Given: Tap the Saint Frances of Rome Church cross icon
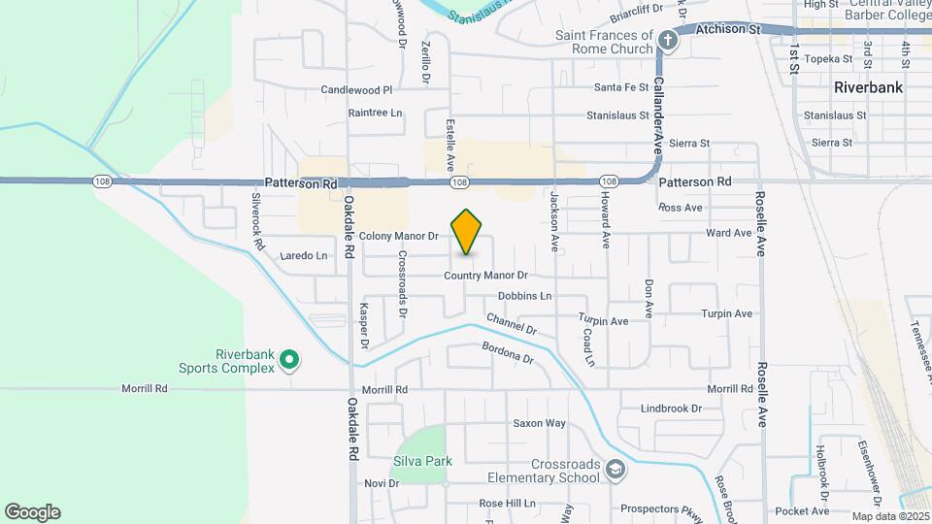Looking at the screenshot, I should [667, 40].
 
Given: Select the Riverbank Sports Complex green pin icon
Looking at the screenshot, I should [288, 361].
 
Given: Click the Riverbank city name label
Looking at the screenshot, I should [868, 87].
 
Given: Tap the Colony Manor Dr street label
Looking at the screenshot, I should [399, 236].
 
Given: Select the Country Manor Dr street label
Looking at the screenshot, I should [485, 276].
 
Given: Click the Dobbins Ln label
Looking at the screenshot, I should [524, 296].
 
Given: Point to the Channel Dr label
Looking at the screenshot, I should [511, 323].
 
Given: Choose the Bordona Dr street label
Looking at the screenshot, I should [508, 352].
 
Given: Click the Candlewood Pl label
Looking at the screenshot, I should [356, 90].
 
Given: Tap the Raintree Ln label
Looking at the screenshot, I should [375, 113].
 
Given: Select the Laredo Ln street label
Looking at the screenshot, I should [303, 256].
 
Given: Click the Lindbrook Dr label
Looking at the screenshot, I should [671, 409].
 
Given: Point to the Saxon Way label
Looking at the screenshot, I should [539, 423].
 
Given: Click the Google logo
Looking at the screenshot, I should [32, 512].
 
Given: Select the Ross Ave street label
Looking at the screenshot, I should [680, 208].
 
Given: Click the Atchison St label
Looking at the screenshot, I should [727, 30].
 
